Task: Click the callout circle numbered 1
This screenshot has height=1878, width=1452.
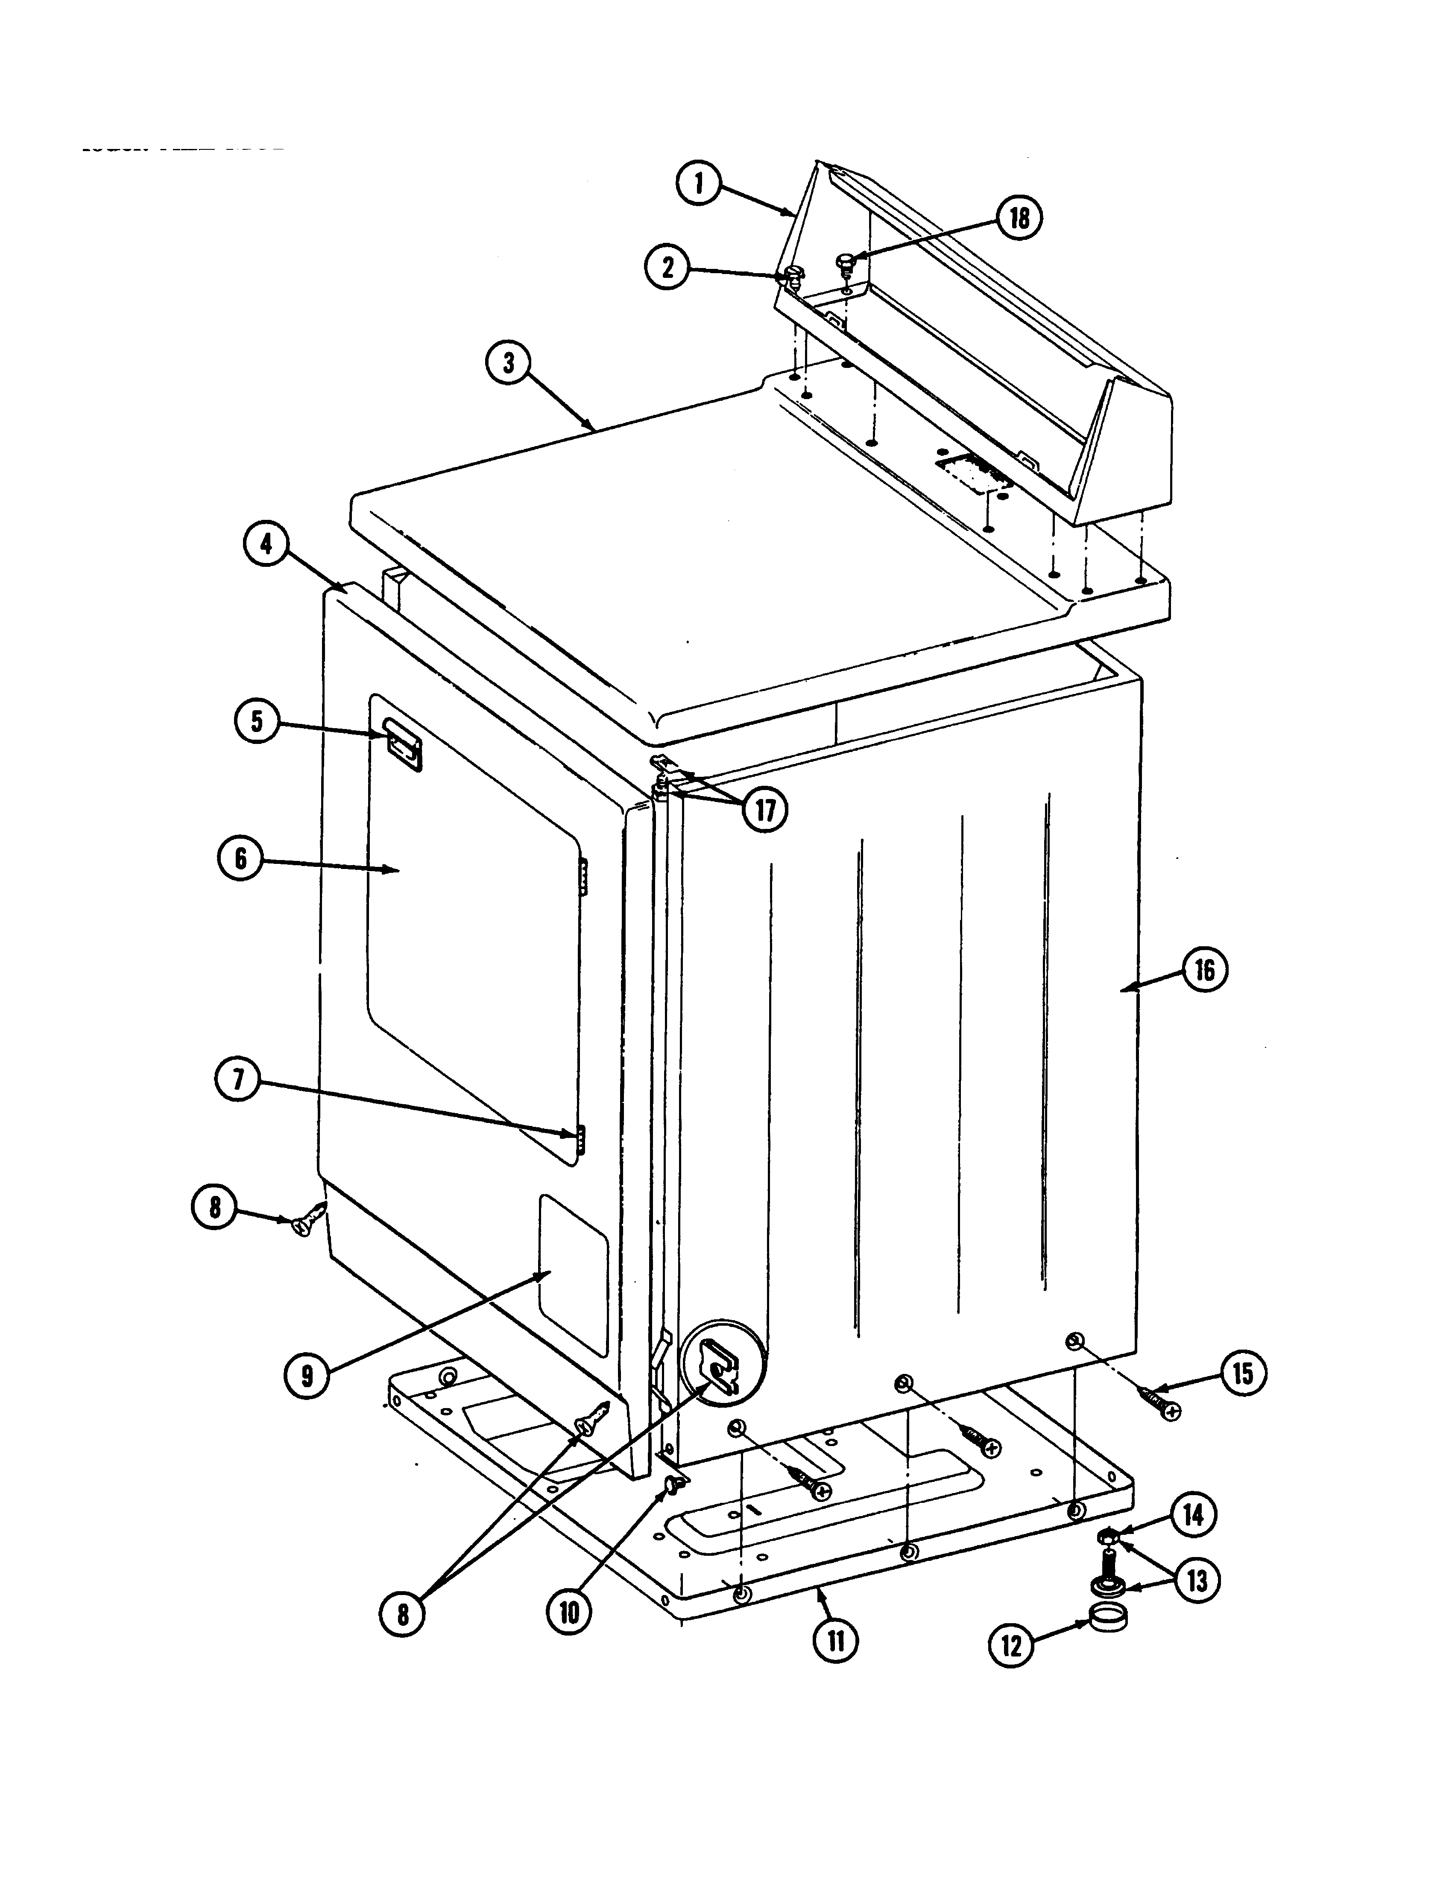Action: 699,184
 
